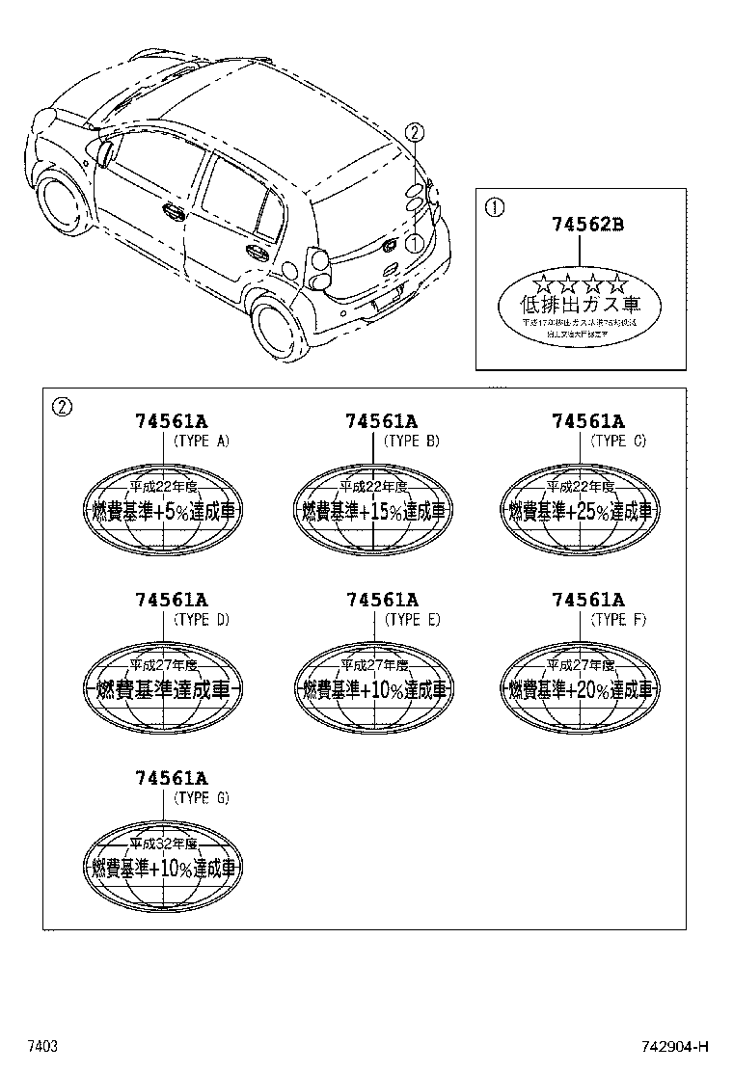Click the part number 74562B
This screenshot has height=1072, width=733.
587,225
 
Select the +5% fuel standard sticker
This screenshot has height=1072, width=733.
164,510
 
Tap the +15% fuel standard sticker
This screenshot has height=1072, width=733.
373,510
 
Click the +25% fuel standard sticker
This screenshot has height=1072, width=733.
579,510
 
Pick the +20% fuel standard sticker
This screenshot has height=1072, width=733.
579,688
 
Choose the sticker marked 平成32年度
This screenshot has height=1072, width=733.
164,866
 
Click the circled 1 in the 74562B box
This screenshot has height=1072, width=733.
493,205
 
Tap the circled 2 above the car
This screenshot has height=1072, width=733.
413,132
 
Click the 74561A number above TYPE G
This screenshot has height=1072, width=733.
172,777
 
